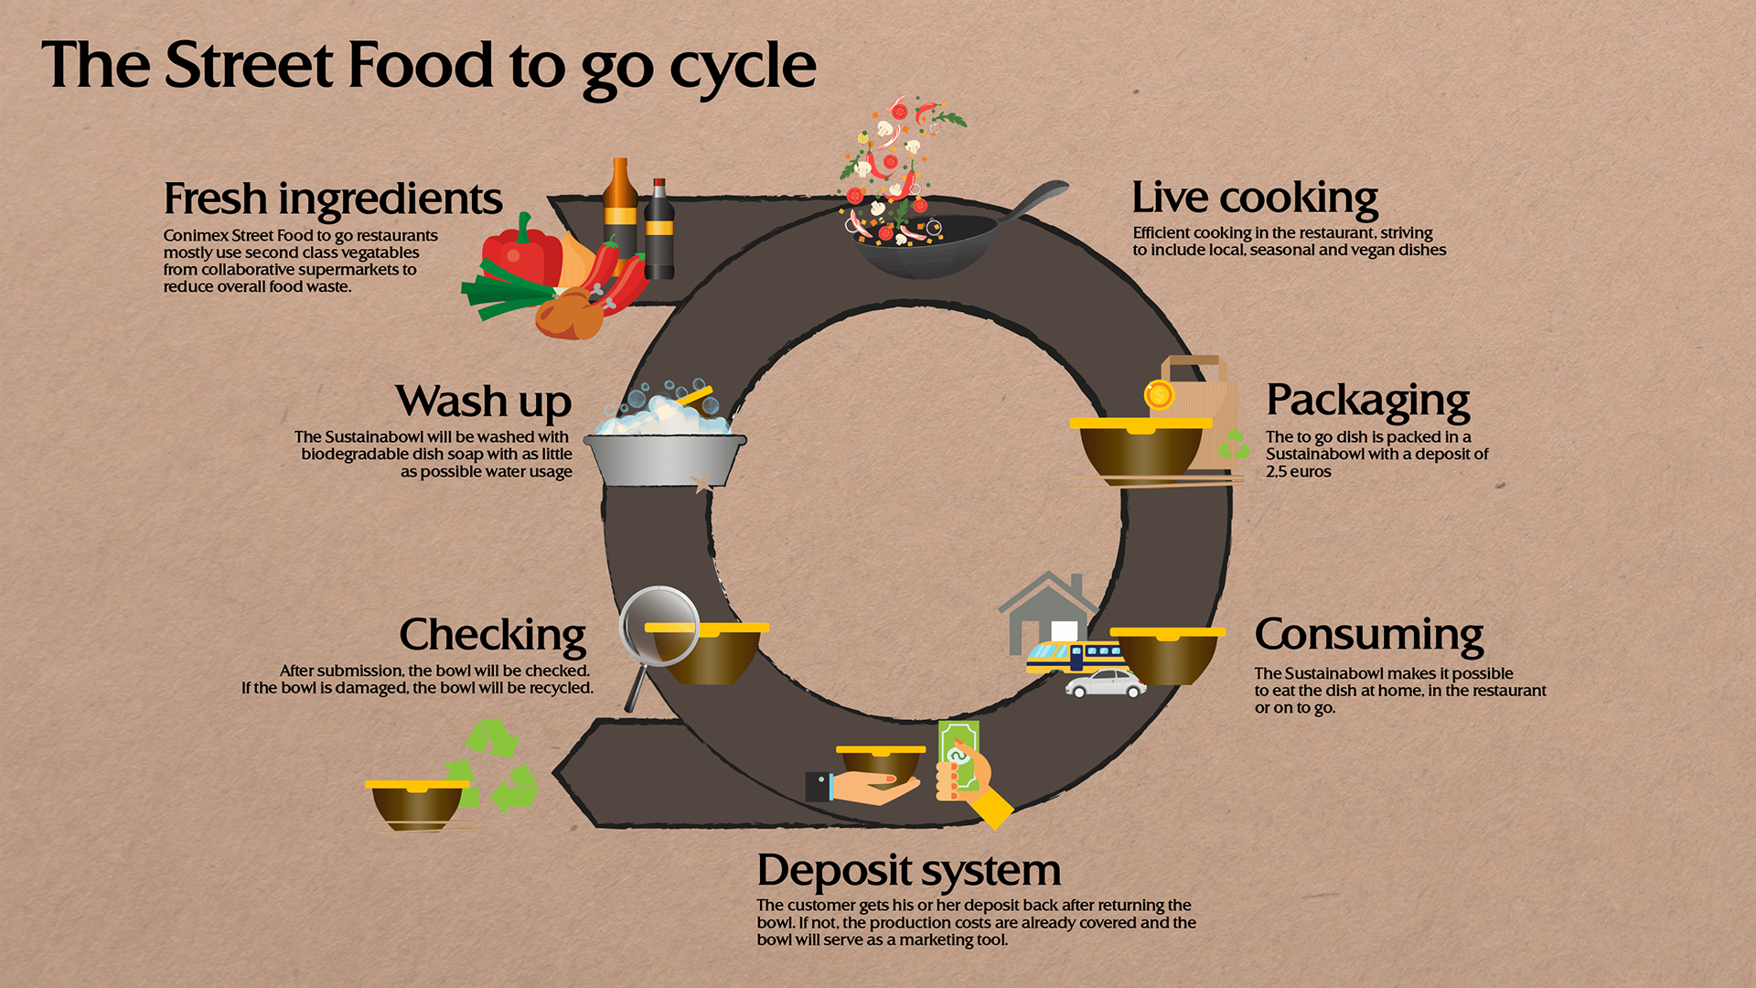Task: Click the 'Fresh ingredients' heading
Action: pyautogui.click(x=333, y=199)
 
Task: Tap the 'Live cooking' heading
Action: pyautogui.click(x=1255, y=198)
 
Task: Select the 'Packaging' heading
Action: pyautogui.click(x=1368, y=401)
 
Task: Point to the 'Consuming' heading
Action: pyautogui.click(x=1369, y=634)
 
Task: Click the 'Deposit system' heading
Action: pyautogui.click(x=909, y=870)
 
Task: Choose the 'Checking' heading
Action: pyautogui.click(x=493, y=635)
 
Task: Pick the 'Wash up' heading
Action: pyautogui.click(x=484, y=402)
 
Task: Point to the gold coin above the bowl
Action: pyautogui.click(x=1159, y=395)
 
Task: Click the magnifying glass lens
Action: pyautogui.click(x=659, y=627)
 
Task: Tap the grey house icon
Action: pyautogui.click(x=1047, y=613)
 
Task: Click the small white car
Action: pyautogui.click(x=1106, y=683)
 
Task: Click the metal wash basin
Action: pyautogui.click(x=665, y=459)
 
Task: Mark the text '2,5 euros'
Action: pyautogui.click(x=1299, y=472)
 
